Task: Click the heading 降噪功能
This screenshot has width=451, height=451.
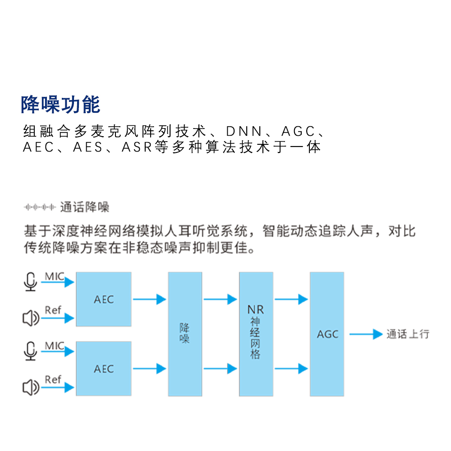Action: (60, 105)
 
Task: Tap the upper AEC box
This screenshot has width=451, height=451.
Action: (104, 299)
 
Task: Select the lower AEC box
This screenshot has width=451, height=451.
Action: (104, 369)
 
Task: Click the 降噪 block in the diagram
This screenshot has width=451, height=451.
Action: (185, 334)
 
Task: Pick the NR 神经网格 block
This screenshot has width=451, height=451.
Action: (256, 334)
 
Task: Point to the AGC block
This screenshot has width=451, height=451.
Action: (327, 334)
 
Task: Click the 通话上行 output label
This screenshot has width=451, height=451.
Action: (408, 334)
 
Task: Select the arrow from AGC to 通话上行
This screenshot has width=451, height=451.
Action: (366, 334)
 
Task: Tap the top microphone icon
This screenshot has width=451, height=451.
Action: (31, 282)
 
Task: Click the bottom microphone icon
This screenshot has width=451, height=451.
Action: (31, 351)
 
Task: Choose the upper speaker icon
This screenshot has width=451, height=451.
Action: (31, 318)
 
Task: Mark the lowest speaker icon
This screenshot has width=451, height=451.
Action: (31, 387)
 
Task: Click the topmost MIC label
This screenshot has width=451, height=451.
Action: (55, 276)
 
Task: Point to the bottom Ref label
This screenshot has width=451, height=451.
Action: (53, 379)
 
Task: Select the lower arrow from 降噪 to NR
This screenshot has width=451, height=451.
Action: (221, 369)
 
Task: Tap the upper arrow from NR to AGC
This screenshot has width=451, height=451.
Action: (291, 299)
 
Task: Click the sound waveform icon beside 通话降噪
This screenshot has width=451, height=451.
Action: (40, 207)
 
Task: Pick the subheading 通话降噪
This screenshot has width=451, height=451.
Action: (85, 207)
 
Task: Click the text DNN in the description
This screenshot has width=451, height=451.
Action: (244, 131)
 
